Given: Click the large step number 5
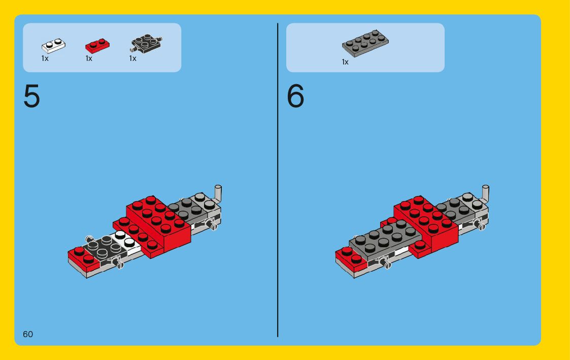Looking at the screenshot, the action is tap(31, 96).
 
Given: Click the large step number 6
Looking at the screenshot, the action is tap(295, 96).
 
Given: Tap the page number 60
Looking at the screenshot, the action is tap(27, 334).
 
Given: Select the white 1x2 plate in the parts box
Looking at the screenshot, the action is tap(53, 46).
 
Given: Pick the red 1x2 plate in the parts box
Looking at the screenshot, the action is tap(97, 46).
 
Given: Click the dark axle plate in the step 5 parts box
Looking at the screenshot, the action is tap(146, 44).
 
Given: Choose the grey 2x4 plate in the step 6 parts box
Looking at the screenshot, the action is tap(365, 43).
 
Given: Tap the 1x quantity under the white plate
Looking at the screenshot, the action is tap(45, 58).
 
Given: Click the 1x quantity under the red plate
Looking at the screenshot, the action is tap(89, 58).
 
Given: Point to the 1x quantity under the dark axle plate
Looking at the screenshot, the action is tap(132, 58).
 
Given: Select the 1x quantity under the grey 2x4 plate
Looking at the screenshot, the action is tap(345, 62).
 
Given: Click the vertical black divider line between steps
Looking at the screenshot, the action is tap(278, 180).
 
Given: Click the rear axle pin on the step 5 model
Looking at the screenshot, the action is tap(213, 226).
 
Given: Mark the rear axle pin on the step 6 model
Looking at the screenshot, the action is tap(481, 226).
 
